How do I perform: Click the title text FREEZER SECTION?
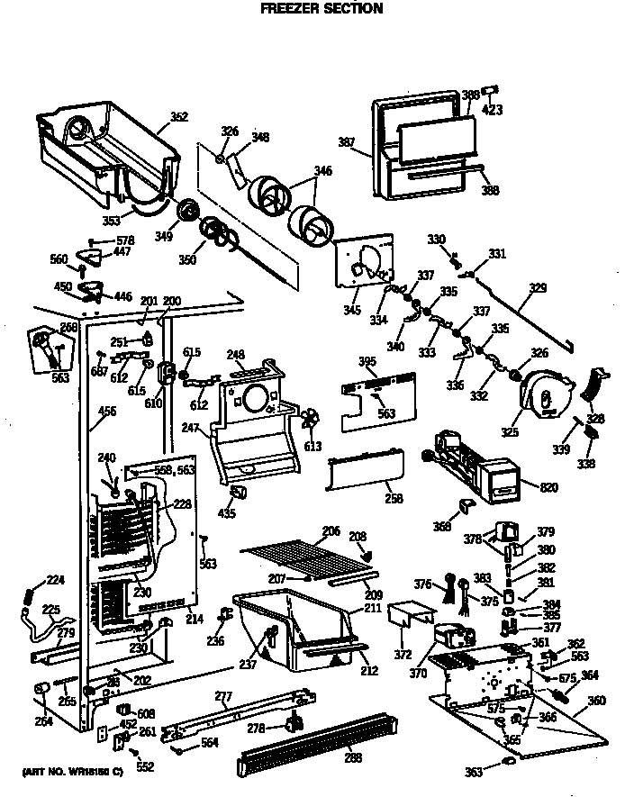tap(322, 9)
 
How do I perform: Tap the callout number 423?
tap(493, 110)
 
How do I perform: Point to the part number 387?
tap(347, 141)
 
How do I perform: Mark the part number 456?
tap(106, 412)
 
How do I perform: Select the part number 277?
tap(223, 695)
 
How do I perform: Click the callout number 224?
tap(56, 580)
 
